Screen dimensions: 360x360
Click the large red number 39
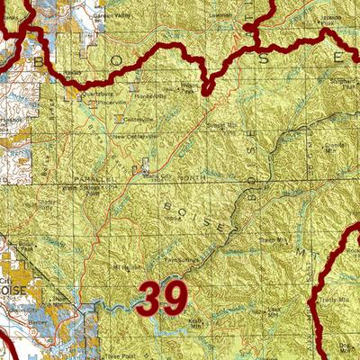pyautogui.click(x=163, y=298)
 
